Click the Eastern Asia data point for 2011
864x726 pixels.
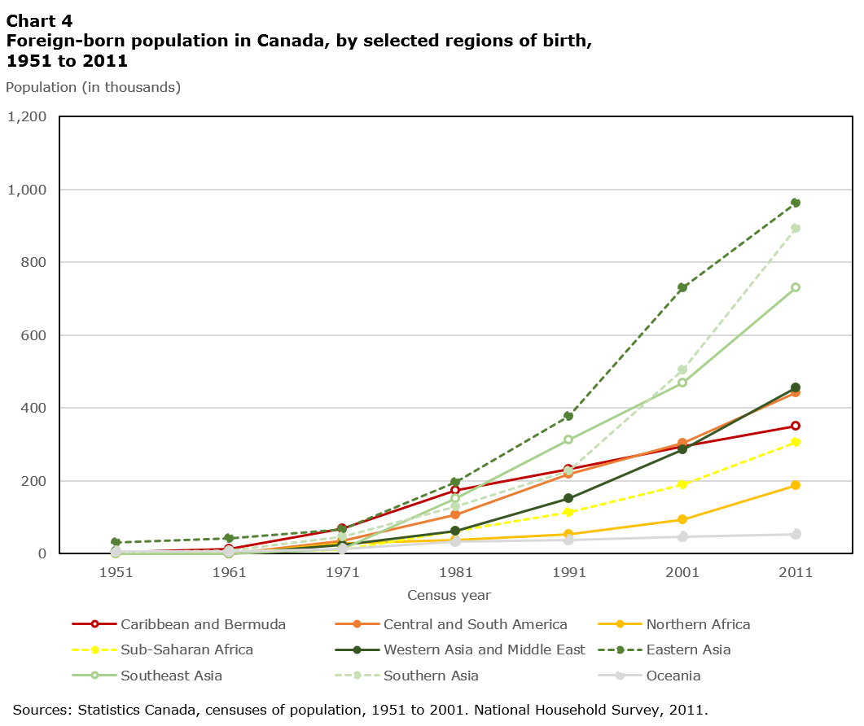pyautogui.click(x=796, y=203)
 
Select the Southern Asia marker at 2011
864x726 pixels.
pyautogui.click(x=796, y=228)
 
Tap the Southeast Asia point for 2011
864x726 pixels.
pyautogui.click(x=796, y=287)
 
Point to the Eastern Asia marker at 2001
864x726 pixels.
pyautogui.click(x=682, y=287)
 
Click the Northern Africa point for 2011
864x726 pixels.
pyautogui.click(x=796, y=485)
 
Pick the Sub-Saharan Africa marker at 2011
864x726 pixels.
pyautogui.click(x=796, y=442)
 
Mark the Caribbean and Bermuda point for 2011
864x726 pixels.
pyautogui.click(x=796, y=426)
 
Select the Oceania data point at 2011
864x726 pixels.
pyautogui.click(x=796, y=534)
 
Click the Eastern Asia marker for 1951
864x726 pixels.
pyautogui.click(x=116, y=542)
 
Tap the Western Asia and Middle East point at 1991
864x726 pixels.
pyautogui.click(x=569, y=498)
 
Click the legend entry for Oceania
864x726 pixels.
pyautogui.click(x=673, y=676)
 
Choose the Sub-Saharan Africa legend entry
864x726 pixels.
pyautogui.click(x=186, y=649)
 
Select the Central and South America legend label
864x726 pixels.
pyautogui.click(x=475, y=624)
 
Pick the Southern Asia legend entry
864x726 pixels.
pyautogui.click(x=431, y=676)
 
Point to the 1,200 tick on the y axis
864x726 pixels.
pyautogui.click(x=28, y=116)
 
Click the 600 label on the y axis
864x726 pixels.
pyautogui.click(x=34, y=335)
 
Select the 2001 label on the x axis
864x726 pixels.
pyautogui.click(x=682, y=572)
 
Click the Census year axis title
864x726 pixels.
pyautogui.click(x=449, y=595)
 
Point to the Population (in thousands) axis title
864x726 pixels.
pyautogui.click(x=93, y=87)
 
